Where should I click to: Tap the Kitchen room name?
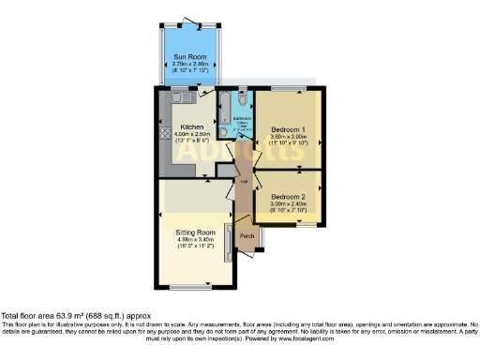pos(192,127)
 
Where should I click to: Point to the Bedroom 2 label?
pos(288,196)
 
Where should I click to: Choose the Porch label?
pos(247,235)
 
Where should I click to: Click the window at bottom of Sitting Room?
pos(195,285)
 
